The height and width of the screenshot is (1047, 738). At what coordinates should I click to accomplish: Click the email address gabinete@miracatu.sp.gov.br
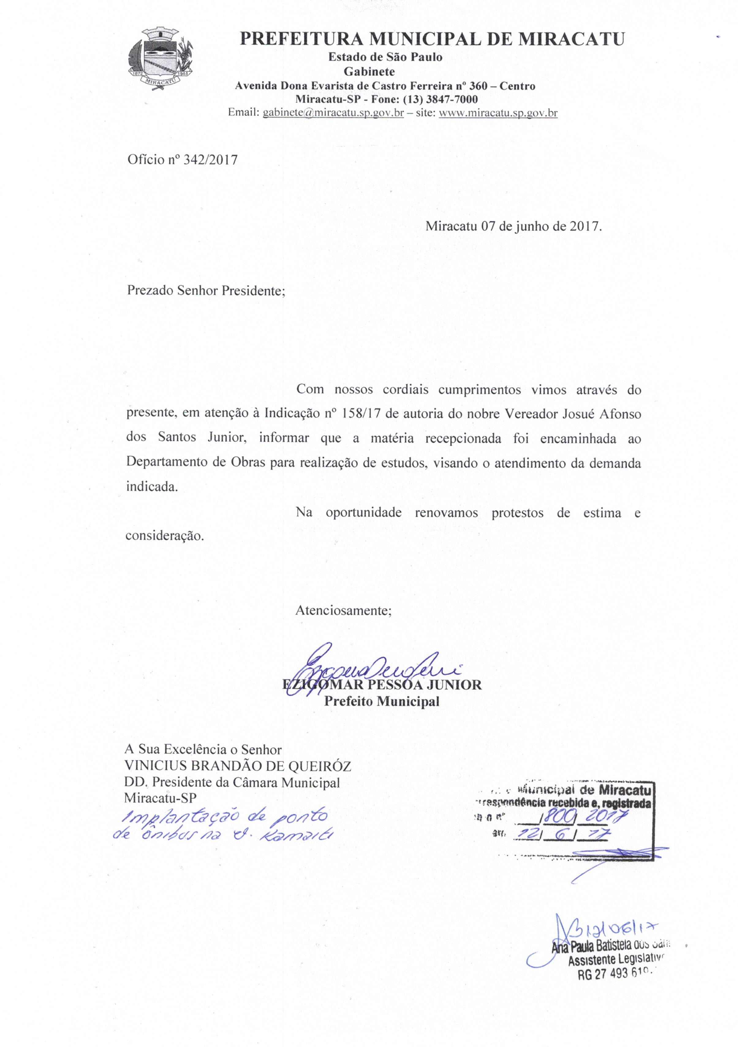tap(333, 112)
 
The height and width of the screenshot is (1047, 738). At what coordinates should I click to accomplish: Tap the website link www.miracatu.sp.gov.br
tap(498, 112)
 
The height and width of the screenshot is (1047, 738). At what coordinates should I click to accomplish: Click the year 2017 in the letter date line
tap(584, 226)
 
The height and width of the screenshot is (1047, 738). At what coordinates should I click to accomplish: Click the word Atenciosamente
tap(343, 610)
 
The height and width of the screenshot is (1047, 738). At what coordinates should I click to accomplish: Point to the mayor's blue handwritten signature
tap(365, 669)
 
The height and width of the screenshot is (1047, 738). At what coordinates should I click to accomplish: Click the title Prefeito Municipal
tap(381, 701)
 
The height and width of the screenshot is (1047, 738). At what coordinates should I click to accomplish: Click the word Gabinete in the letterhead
tap(369, 72)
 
